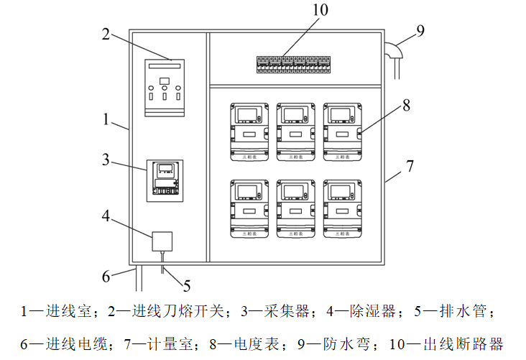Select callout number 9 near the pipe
click(420, 30)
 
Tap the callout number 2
click(106, 34)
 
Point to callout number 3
click(106, 160)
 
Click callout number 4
click(106, 215)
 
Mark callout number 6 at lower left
click(106, 275)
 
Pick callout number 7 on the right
click(410, 167)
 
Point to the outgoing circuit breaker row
click(295, 65)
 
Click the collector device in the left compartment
click(165, 180)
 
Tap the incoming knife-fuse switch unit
click(165, 87)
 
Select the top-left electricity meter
click(249, 130)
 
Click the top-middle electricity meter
click(295, 130)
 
